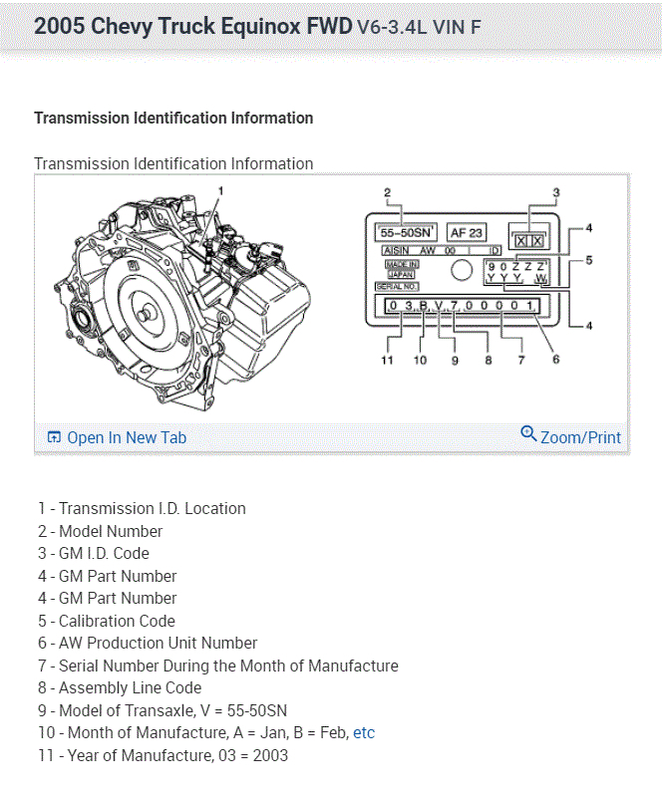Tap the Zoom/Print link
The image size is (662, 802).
571,436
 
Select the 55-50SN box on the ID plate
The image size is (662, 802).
401,232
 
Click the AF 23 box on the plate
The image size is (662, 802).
466,232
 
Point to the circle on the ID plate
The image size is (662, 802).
461,269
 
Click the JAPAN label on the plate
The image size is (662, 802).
401,274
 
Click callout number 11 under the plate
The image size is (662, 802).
387,360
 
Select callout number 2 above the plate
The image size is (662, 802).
387,191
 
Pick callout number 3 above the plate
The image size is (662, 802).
555,192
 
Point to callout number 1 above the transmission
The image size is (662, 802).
220,189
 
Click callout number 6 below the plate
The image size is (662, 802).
555,360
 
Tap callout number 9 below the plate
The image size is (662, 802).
455,360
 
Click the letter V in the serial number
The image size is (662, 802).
439,305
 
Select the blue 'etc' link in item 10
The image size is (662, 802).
364,732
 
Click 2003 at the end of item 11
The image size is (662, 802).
269,755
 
